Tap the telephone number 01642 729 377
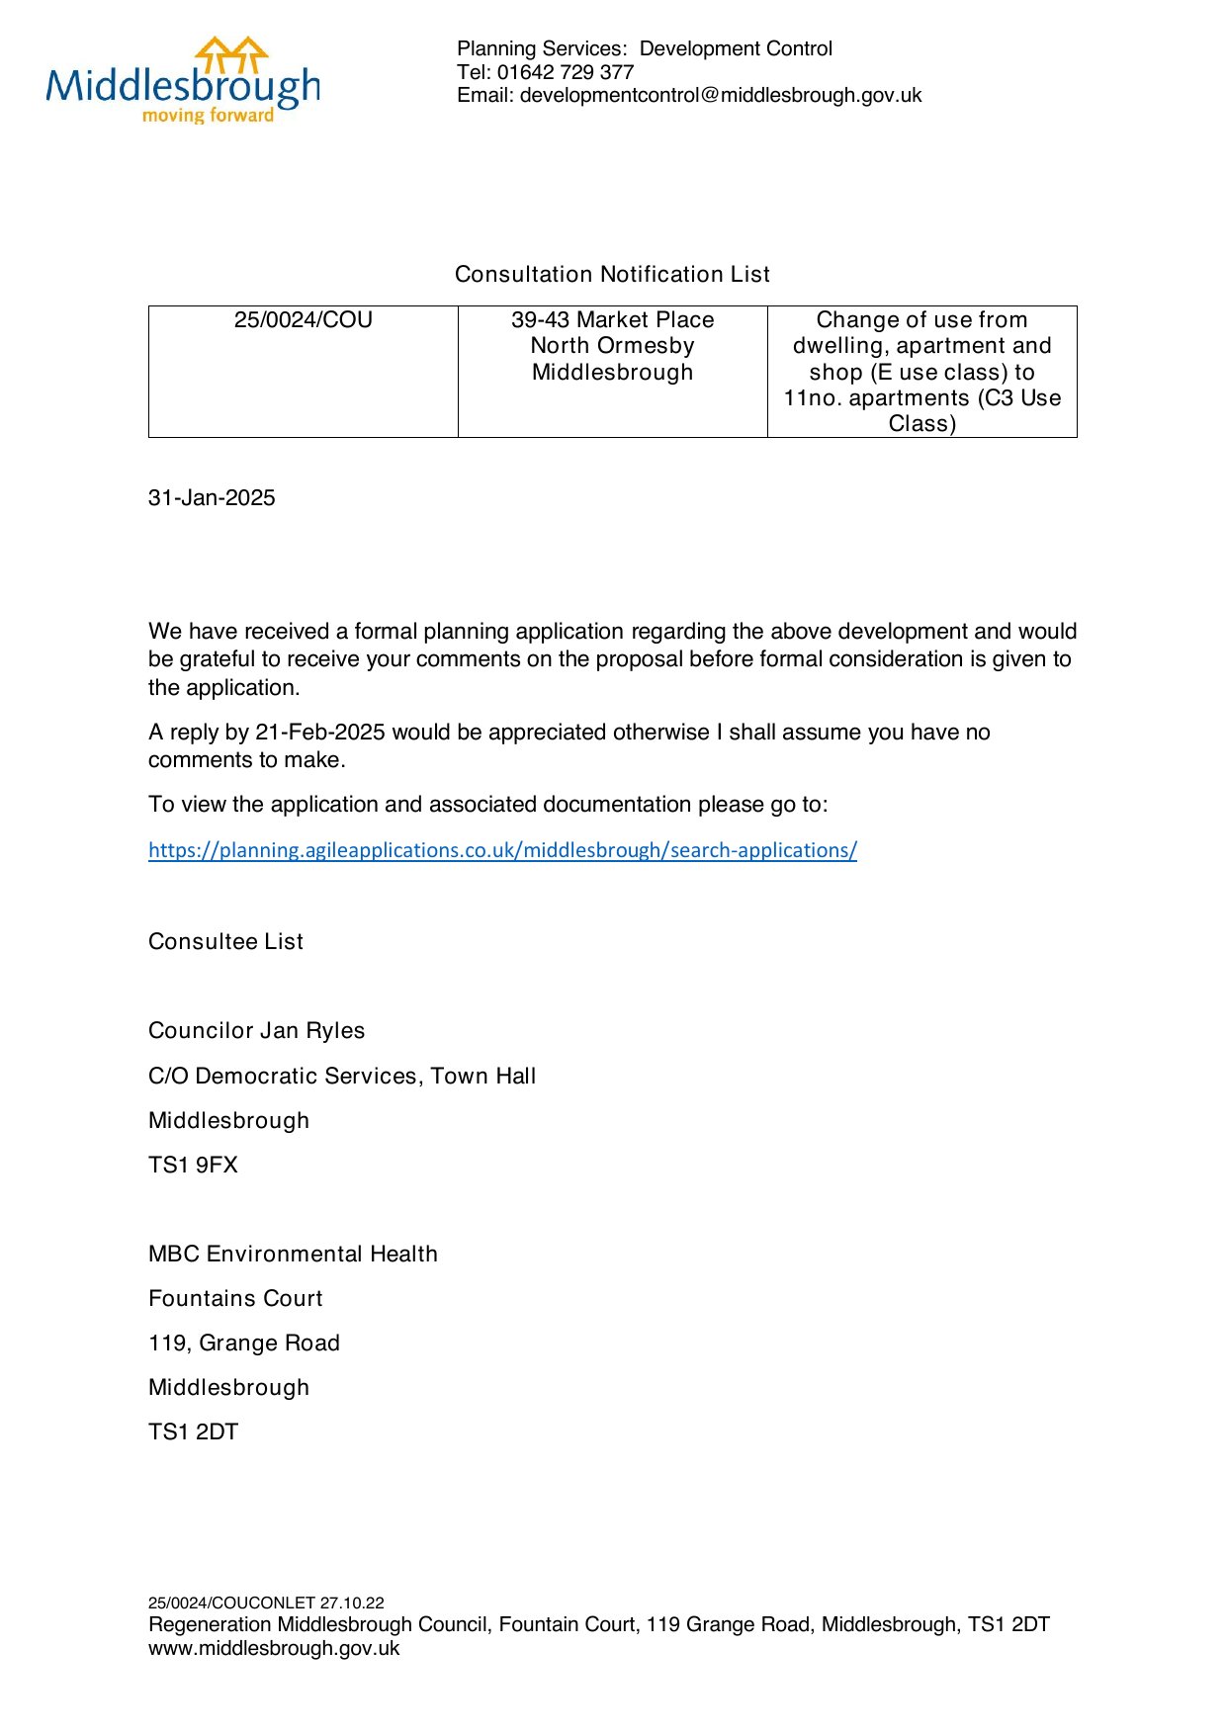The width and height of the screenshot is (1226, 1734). [565, 72]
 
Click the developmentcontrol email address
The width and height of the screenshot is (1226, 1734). [721, 96]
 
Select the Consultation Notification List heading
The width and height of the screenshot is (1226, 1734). [612, 275]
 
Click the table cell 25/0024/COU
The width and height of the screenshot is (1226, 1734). [303, 320]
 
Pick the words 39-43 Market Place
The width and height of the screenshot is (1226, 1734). [612, 320]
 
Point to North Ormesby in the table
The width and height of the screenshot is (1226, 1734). [612, 346]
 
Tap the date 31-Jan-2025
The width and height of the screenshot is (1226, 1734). [212, 498]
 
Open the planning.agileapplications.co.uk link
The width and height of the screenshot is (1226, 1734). [502, 850]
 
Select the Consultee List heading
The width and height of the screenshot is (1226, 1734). [225, 942]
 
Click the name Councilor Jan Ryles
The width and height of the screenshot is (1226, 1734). [256, 1031]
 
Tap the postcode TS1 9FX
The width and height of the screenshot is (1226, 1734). [193, 1166]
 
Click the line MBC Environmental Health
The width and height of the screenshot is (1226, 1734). [293, 1255]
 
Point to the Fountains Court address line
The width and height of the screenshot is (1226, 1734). [235, 1299]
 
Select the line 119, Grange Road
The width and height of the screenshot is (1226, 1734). [244, 1344]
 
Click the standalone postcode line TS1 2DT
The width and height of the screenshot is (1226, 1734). [193, 1432]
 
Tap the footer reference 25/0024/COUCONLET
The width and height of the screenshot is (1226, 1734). [231, 1603]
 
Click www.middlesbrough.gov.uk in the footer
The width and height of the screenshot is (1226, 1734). [274, 1648]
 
